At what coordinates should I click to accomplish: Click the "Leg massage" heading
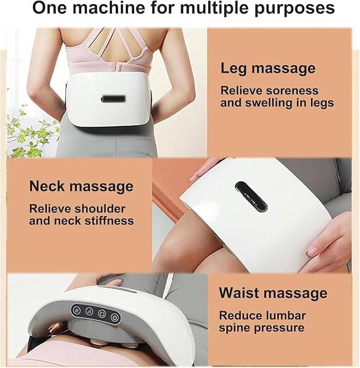click(268, 68)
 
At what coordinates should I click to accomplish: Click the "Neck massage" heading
click(81, 186)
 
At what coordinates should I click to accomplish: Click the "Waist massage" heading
click(273, 293)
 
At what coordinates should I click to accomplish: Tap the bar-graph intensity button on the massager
click(89, 311)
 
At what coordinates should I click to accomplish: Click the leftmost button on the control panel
click(76, 310)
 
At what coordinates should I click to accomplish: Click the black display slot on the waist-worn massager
click(113, 99)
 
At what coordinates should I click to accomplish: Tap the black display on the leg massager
click(251, 196)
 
